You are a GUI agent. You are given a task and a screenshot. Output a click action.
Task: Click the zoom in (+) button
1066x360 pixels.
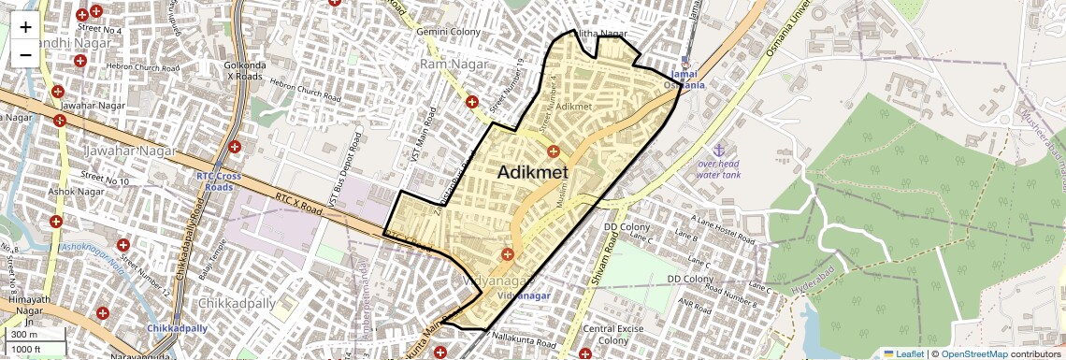pyautogui.click(x=25, y=27)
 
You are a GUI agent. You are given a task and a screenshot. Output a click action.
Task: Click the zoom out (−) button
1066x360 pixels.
pyautogui.click(x=25, y=55)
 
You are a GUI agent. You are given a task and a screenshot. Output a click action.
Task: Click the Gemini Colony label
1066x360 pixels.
pyautogui.click(x=450, y=32)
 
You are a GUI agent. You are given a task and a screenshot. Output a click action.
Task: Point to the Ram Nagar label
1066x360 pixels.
pyautogui.click(x=450, y=64)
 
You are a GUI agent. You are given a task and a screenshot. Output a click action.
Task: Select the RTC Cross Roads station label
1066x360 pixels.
pyautogui.click(x=219, y=180)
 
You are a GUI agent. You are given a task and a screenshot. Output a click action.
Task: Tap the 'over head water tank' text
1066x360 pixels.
pyautogui.click(x=719, y=169)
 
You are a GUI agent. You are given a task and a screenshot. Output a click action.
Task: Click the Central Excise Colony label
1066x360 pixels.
pyautogui.click(x=612, y=335)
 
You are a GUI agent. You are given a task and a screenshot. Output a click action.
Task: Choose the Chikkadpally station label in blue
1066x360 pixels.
pyautogui.click(x=177, y=328)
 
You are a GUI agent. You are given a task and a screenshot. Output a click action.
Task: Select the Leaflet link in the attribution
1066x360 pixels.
pyautogui.click(x=903, y=353)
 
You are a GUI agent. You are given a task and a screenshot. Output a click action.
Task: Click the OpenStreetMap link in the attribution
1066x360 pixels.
pyautogui.click(x=973, y=353)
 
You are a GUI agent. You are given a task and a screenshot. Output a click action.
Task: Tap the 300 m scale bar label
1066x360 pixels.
pyautogui.click(x=24, y=335)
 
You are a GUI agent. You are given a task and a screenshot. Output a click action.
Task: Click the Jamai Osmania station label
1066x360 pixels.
pyautogui.click(x=684, y=79)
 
